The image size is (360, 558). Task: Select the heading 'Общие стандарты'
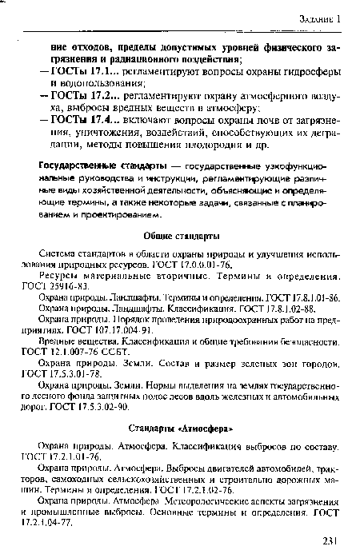183,237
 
